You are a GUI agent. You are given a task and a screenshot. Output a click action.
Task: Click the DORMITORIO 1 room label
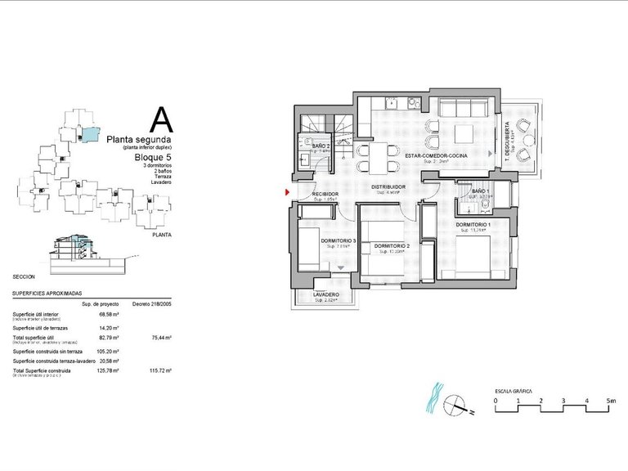click(473, 224)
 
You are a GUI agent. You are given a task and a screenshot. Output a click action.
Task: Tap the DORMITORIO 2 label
click(390, 245)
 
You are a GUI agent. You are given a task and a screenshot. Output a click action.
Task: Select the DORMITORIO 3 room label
click(339, 240)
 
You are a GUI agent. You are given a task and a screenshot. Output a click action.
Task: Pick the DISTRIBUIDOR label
click(389, 187)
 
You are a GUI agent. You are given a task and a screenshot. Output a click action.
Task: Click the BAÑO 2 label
click(321, 146)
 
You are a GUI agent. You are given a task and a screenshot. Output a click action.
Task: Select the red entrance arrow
click(287, 193)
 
